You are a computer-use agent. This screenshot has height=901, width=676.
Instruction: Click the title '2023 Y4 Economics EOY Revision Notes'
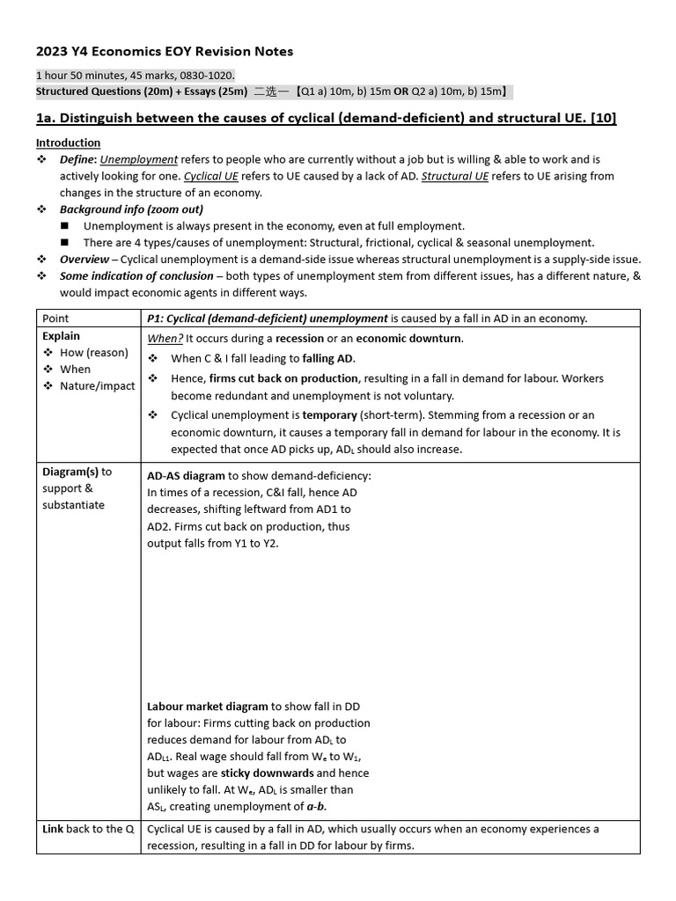165,52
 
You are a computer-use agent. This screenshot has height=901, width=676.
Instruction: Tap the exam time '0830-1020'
206,76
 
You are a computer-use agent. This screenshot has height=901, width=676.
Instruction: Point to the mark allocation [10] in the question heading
604,118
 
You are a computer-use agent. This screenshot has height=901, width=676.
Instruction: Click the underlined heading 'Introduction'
68,143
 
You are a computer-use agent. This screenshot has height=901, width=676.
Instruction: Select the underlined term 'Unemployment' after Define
139,159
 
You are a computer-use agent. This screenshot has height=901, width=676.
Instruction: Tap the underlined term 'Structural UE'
454,176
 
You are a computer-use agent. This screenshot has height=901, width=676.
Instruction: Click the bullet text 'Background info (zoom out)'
131,209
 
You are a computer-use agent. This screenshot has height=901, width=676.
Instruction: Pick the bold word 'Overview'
84,260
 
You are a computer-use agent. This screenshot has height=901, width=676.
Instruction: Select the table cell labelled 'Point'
55,318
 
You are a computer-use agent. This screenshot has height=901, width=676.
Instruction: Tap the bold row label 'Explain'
61,336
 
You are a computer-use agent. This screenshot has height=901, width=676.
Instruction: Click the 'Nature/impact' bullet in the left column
98,385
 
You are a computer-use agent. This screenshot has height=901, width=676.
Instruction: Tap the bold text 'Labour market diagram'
208,707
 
